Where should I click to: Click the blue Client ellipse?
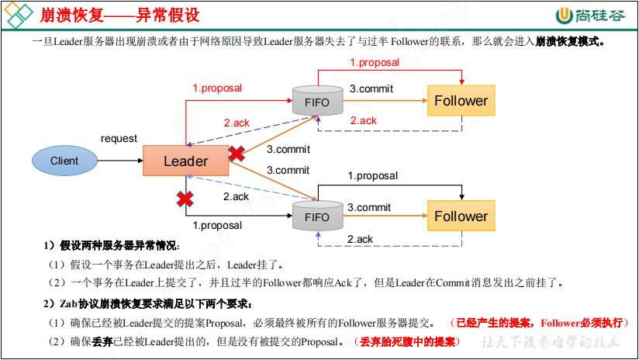tap(64, 161)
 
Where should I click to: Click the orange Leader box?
tap(185, 161)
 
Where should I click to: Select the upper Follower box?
tap(461, 101)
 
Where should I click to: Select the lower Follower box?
tap(461, 216)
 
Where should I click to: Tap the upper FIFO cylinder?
tap(317, 101)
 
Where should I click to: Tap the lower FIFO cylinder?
tap(317, 216)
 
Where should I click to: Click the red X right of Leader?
tap(237, 154)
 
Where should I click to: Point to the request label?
tap(119, 139)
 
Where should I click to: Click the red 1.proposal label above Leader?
tap(217, 88)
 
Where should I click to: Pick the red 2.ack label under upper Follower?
tap(363, 120)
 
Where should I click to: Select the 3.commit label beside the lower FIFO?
tap(368, 207)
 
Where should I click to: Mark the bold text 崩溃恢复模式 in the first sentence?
tap(570, 42)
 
